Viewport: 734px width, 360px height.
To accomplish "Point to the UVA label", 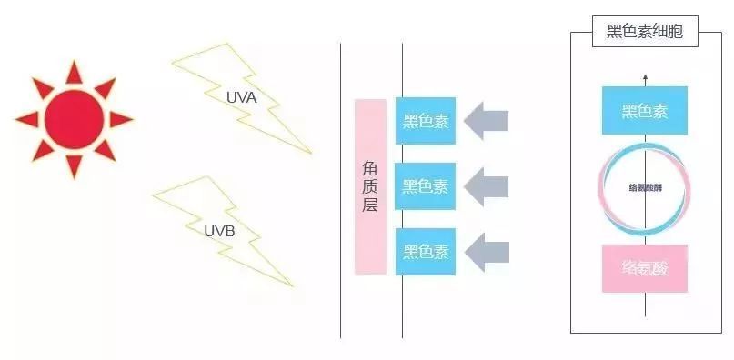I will point(241,95).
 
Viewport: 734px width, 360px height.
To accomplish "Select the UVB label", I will point(219,231).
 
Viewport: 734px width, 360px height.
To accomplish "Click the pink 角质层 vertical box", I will point(370,187).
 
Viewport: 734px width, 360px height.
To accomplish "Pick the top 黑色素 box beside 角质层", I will point(426,120).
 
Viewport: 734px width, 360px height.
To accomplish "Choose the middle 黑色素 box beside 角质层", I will point(426,186).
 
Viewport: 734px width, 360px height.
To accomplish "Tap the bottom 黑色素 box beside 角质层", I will point(426,252).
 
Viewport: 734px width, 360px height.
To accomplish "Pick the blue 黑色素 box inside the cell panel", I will point(644,111).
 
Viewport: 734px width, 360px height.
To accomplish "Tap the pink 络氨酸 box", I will point(644,268).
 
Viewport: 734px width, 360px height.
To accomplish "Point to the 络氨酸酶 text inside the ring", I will point(644,189).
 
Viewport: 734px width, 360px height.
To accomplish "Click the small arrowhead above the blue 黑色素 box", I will point(645,77).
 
